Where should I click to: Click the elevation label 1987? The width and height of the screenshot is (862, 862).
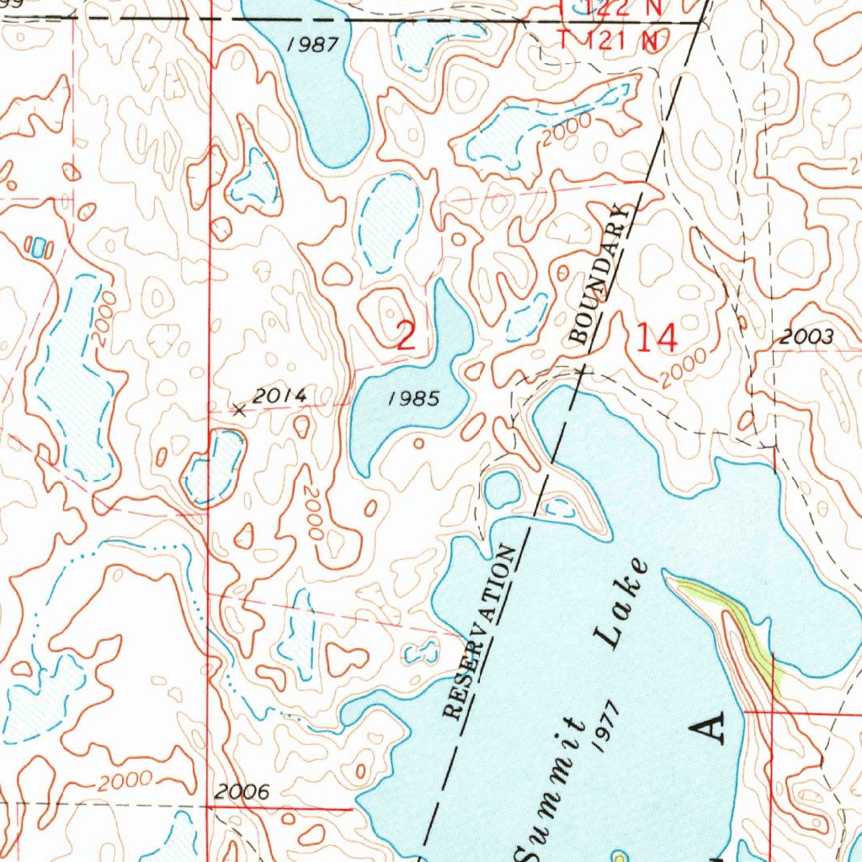312,45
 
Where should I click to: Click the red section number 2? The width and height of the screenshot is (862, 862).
406,337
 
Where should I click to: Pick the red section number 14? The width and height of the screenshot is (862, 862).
656,338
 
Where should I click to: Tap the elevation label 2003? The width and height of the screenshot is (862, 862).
806,338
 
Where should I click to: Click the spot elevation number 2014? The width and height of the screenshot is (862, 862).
280,396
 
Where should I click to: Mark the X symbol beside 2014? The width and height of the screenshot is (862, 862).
239,410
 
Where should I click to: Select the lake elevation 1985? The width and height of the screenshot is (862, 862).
413,399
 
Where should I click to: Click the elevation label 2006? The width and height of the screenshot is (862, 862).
242,792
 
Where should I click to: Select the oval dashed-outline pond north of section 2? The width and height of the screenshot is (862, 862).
389,221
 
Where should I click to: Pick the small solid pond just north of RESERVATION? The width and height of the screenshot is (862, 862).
503,489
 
